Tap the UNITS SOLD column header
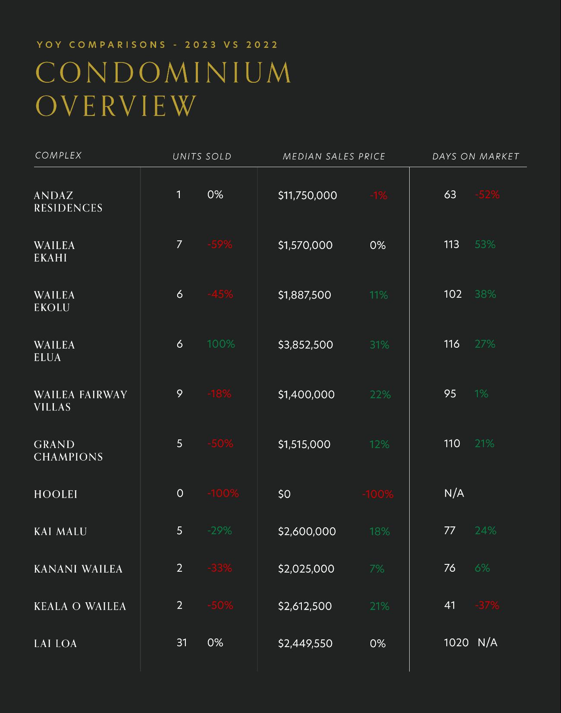pos(202,156)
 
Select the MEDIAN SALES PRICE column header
pos(334,156)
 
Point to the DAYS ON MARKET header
pos(476,156)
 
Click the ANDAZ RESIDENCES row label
pos(68,202)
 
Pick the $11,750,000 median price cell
pos(307,196)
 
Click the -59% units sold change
pos(220,245)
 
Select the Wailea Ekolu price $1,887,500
pos(304,295)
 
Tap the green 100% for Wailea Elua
pos(221,344)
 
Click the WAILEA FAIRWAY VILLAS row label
pos(80,401)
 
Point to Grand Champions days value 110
pos(452,443)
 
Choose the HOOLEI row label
pos(56,494)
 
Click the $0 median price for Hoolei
pos(284,494)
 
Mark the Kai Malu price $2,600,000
pos(307,532)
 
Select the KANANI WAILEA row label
pos(78,569)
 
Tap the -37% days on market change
pos(487,605)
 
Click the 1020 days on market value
pos(456,643)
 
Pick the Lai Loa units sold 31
pos(182,643)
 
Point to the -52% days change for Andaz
pos(487,195)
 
